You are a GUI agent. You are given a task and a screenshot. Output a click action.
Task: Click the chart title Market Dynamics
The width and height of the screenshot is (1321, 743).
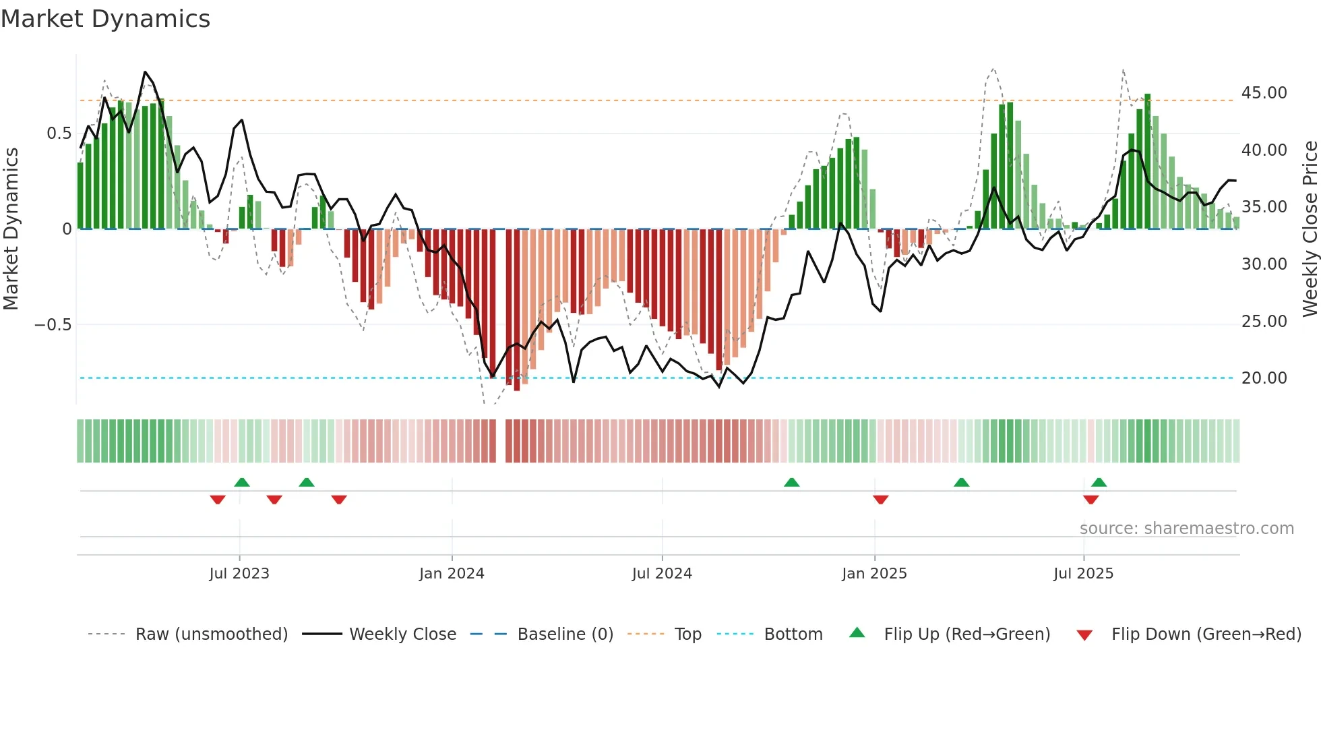coord(105,19)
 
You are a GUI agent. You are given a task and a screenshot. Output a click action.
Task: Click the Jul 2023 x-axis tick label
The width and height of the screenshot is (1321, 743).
coord(239,574)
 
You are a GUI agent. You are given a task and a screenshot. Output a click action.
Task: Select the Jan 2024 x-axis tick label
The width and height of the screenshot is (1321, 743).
coord(452,574)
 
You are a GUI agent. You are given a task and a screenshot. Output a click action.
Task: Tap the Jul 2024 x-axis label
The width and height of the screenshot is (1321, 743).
coord(662,574)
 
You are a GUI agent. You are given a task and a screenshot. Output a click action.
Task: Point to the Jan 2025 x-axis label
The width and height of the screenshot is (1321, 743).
coord(874,574)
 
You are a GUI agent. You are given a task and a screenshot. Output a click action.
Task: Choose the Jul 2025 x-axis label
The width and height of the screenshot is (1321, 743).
coord(1083,574)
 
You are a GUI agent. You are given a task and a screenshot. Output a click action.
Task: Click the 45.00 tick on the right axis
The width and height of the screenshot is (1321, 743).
coord(1264,93)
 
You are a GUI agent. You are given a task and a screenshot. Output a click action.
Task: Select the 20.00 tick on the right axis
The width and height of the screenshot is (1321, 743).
coord(1264,378)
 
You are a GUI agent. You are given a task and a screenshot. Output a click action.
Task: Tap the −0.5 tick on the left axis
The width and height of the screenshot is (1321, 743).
coord(53,325)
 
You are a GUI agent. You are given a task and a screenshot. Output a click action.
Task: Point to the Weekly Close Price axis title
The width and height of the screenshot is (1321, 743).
coord(1310,229)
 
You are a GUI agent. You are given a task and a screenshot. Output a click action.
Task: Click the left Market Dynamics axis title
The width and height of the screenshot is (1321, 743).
coord(11,229)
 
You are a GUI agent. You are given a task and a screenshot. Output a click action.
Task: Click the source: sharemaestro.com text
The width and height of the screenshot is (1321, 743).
coord(1186,529)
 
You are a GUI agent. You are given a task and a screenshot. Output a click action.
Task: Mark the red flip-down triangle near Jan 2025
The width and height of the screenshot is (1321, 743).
coord(880,500)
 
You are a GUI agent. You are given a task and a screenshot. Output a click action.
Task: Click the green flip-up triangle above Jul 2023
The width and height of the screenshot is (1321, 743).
coord(242,482)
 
